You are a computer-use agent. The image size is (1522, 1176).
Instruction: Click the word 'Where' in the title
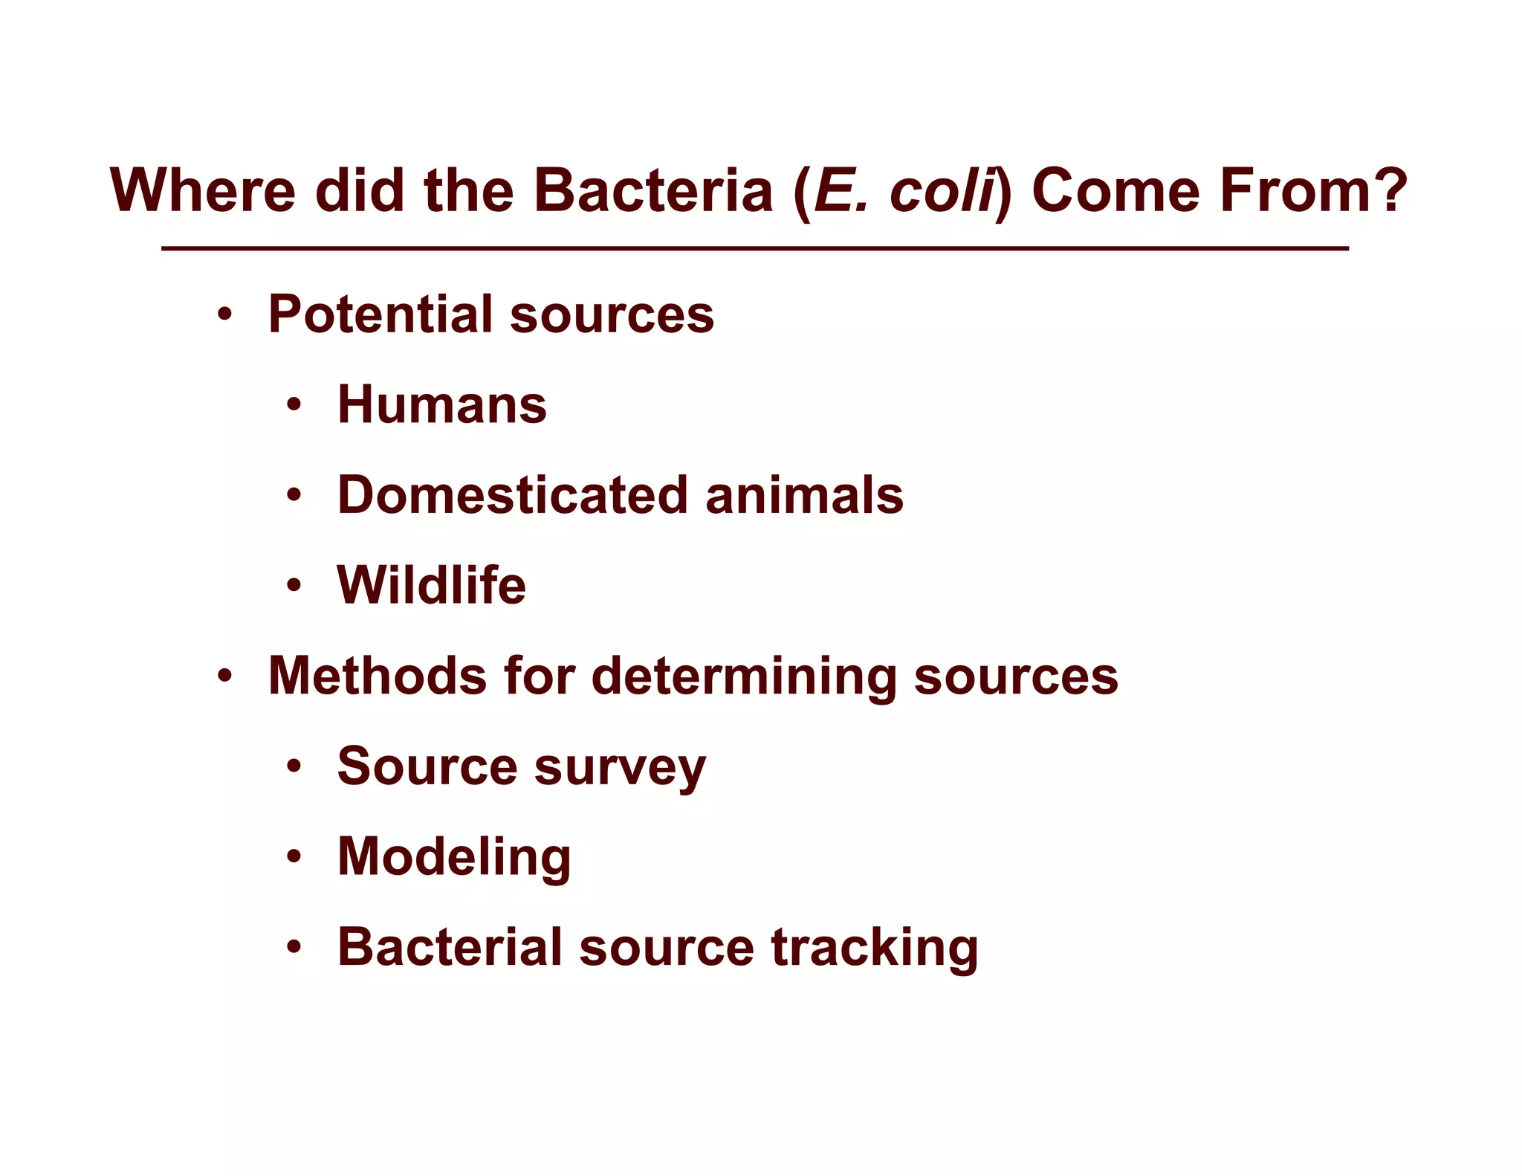click(202, 190)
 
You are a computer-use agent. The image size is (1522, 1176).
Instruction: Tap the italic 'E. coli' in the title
click(904, 190)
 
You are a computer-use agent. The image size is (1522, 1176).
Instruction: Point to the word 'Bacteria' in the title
click(653, 190)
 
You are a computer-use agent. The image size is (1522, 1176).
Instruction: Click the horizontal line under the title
click(754, 248)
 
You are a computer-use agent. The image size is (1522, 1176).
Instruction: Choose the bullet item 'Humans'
click(442, 405)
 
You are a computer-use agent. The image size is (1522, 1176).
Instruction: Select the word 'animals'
click(804, 495)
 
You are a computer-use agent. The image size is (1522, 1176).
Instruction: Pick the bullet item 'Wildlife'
click(432, 586)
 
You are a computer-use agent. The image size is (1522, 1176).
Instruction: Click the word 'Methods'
click(377, 676)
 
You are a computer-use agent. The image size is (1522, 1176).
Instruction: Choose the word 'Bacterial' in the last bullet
click(450, 947)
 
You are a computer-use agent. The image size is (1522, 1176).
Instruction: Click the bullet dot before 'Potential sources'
click(225, 315)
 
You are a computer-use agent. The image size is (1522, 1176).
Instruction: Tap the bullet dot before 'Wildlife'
click(294, 586)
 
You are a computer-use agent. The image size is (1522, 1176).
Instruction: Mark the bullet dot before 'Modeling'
click(294, 857)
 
